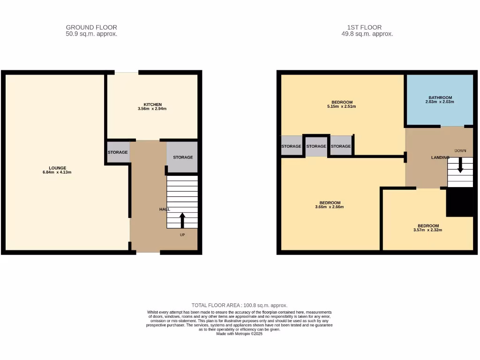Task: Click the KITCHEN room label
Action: tap(152, 104)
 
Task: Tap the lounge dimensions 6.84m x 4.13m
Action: tap(57, 172)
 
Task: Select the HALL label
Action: tap(164, 209)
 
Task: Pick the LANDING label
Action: tap(440, 157)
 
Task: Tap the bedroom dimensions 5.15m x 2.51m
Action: tap(342, 106)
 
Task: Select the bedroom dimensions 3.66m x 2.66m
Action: tap(330, 207)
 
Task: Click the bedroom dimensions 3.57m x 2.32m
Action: tap(428, 230)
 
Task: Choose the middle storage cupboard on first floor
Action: tap(316, 146)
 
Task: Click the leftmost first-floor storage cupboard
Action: tap(291, 146)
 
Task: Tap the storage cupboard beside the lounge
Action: tap(118, 152)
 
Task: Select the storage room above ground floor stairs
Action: tap(182, 157)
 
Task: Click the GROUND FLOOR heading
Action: tap(91, 27)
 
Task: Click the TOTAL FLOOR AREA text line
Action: tap(240, 305)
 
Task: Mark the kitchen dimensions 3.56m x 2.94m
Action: tap(152, 109)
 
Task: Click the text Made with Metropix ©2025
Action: tap(240, 334)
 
